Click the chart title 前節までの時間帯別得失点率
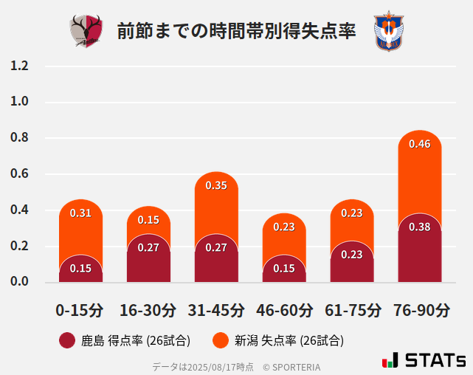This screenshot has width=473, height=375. pyautogui.click(x=236, y=32)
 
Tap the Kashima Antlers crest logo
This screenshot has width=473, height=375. pyautogui.click(x=86, y=31)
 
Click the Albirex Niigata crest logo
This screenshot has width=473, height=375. pyautogui.click(x=387, y=31)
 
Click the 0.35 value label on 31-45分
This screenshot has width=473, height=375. pyautogui.click(x=216, y=185)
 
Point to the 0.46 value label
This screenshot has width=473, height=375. pyautogui.click(x=420, y=144)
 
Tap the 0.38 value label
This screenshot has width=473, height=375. pyautogui.click(x=420, y=227)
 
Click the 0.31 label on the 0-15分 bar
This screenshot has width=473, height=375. pyautogui.click(x=80, y=213)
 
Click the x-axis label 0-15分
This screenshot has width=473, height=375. pyautogui.click(x=80, y=309)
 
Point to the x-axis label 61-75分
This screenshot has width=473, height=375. pyautogui.click(x=353, y=309)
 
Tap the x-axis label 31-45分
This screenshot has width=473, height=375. pyautogui.click(x=216, y=309)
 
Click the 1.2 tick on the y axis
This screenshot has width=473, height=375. pyautogui.click(x=19, y=66)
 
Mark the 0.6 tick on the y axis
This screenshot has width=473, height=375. pyautogui.click(x=19, y=174)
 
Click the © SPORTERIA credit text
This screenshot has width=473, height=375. pyautogui.click(x=291, y=366)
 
